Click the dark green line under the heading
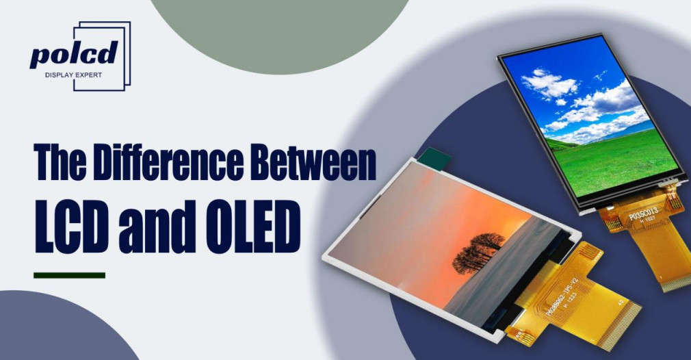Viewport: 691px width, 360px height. point(69,275)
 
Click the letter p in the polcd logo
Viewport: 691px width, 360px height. point(40,55)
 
